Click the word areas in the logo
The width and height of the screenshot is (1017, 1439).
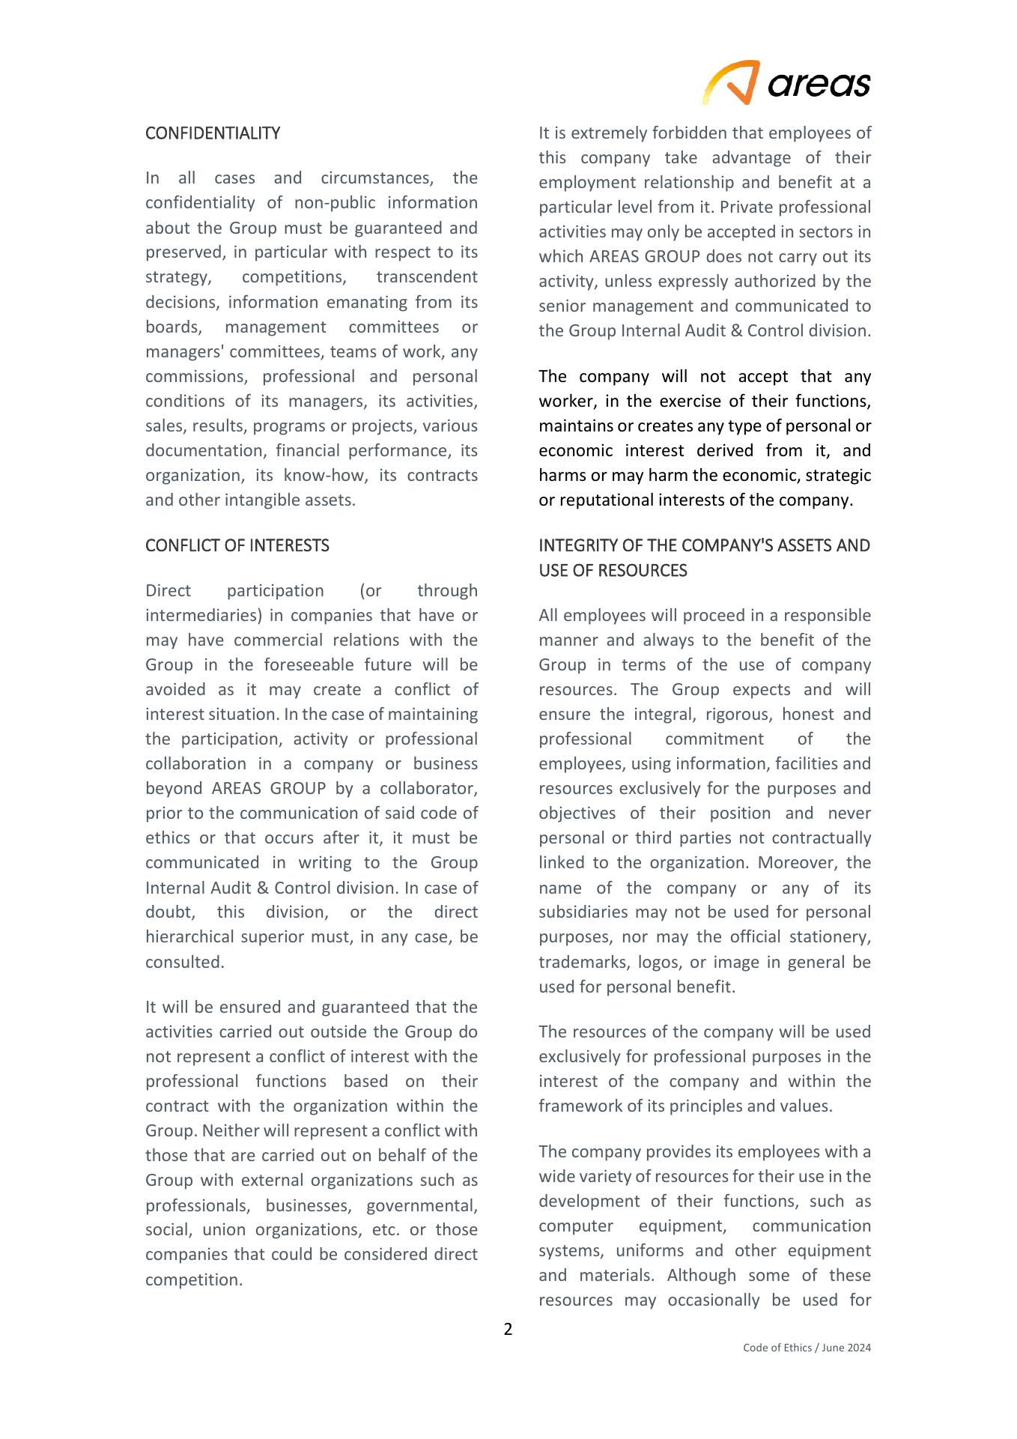tap(819, 84)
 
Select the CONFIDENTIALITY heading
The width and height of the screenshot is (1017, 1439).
tap(213, 133)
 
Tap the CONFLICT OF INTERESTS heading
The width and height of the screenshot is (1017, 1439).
tap(237, 545)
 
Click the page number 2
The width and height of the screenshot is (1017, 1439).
tap(508, 1329)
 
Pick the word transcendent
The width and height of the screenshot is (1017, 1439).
tap(426, 277)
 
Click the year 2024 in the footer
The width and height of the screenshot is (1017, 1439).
tap(859, 1348)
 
